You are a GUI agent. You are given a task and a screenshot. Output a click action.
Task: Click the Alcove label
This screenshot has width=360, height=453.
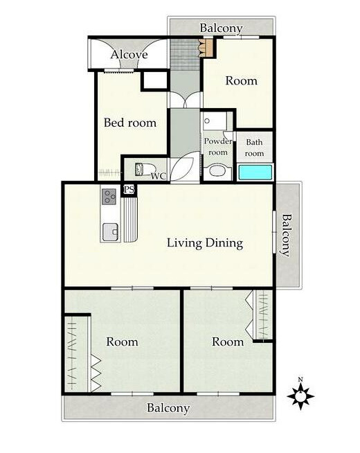[x=129, y=55]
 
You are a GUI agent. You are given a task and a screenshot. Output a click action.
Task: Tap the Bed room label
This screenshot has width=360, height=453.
[x=130, y=123]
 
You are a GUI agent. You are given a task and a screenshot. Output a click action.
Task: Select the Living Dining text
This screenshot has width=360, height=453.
[x=205, y=243]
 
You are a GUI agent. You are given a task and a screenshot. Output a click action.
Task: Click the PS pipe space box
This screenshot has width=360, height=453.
[x=129, y=190]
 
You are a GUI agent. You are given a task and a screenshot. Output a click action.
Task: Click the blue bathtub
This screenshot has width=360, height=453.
[x=255, y=172]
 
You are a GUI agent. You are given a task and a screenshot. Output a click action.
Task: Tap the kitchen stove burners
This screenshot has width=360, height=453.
[x=109, y=197]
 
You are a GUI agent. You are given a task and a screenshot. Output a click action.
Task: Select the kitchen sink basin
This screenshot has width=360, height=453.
[x=111, y=232]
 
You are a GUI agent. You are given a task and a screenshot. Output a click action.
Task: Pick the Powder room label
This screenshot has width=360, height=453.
[x=218, y=146]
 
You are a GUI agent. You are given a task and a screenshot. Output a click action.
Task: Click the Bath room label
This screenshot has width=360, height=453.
[x=254, y=148]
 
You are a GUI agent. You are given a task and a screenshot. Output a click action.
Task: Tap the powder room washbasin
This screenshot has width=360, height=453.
[x=217, y=171]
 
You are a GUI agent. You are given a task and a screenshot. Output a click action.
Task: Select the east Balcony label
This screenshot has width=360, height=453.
[x=287, y=235]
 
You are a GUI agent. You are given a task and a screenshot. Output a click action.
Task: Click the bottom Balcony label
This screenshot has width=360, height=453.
[x=168, y=408]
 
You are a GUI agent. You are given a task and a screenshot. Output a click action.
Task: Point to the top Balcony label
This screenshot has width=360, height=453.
[x=221, y=28]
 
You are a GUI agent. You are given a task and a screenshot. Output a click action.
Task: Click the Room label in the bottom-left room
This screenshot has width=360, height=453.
[x=122, y=341]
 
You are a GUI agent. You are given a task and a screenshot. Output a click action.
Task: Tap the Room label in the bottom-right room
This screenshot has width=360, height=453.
[x=228, y=341]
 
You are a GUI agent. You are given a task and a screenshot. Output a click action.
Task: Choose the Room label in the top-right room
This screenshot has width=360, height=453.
[x=242, y=80]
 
